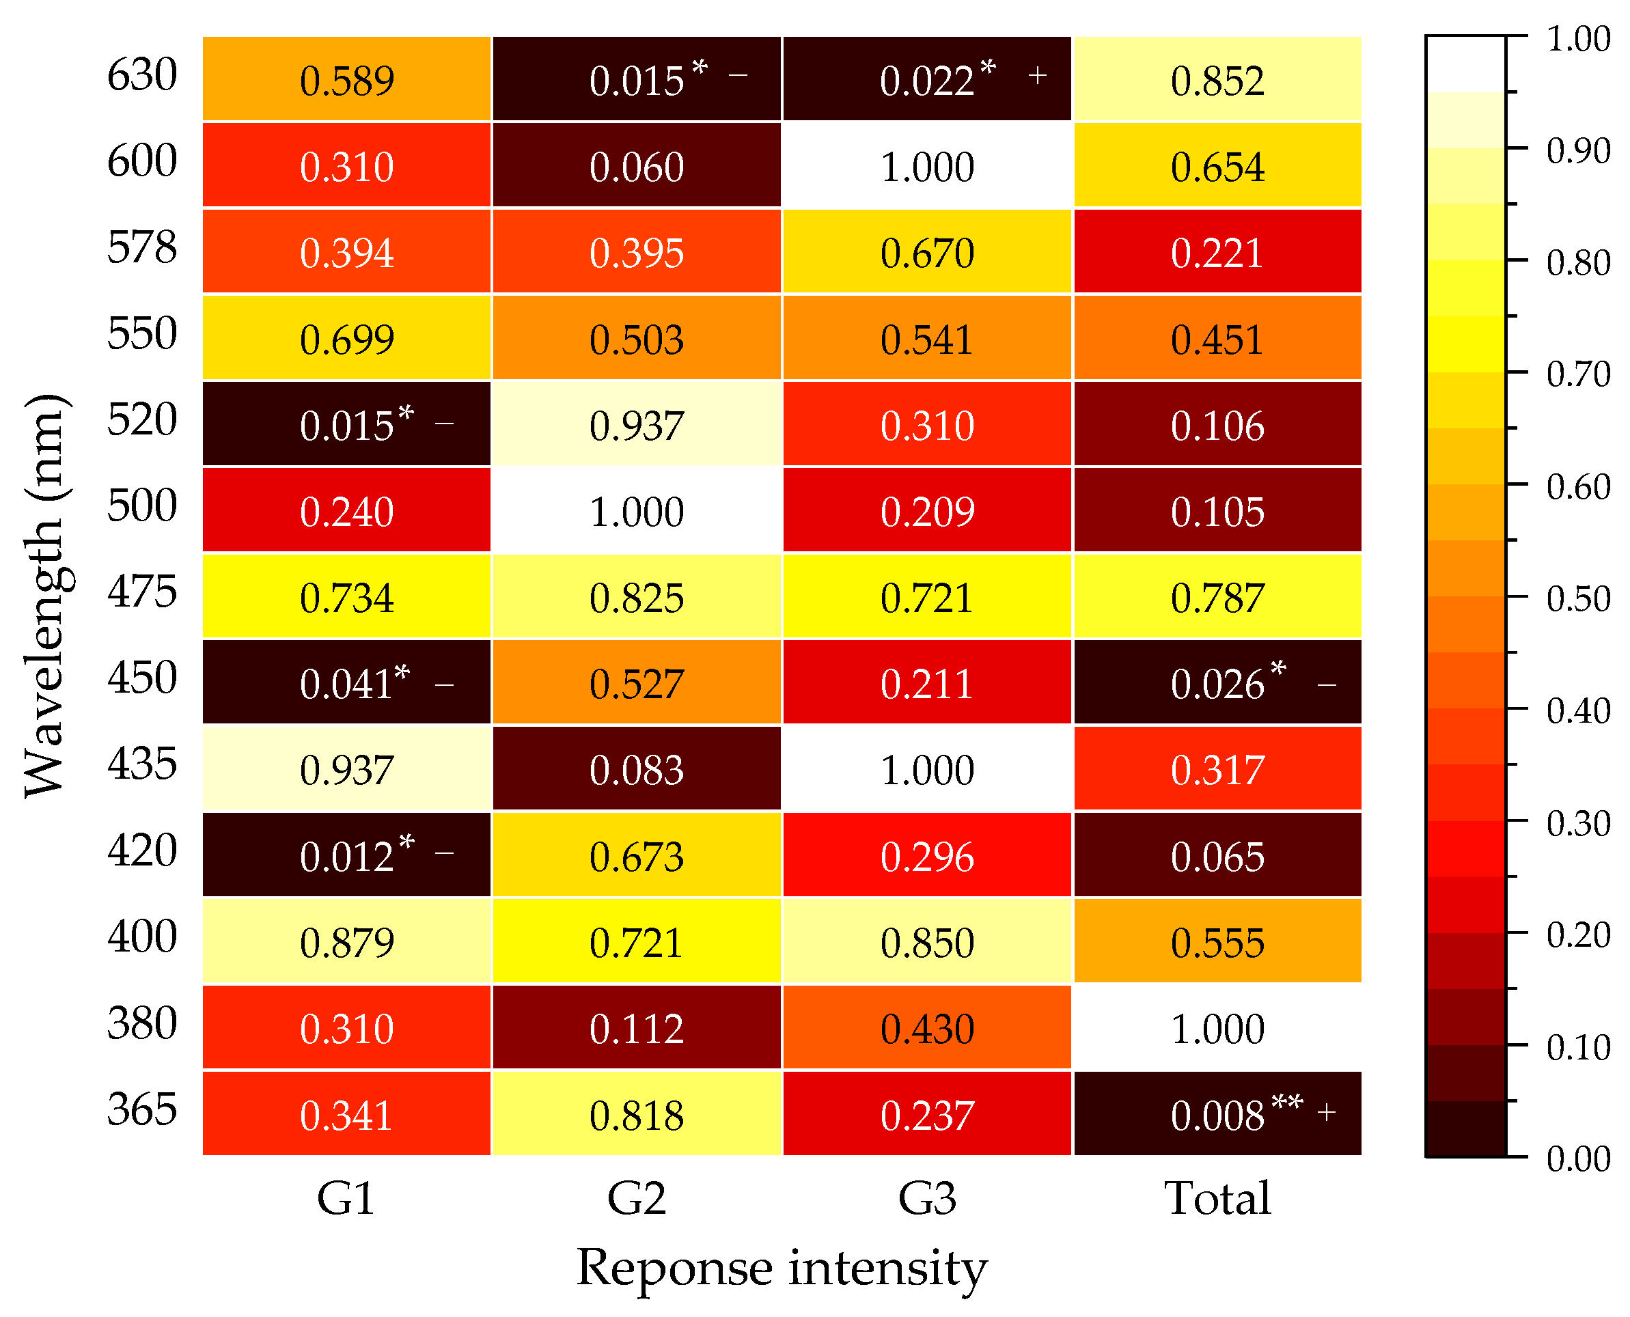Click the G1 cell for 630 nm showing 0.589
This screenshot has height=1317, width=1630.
coord(346,79)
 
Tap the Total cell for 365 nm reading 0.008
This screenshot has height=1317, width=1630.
coord(1217,1114)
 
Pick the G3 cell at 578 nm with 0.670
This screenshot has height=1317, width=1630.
coord(926,251)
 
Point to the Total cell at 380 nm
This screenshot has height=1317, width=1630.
coord(1217,1028)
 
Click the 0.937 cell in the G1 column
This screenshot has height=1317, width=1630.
coord(346,769)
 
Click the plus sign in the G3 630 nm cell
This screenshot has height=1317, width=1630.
coord(1037,75)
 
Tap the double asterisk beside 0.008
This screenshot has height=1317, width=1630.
coord(1286,1100)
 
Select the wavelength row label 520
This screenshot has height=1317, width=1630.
coord(142,419)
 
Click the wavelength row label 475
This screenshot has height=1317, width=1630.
coord(142,592)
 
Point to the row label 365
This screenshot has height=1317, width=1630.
coord(142,1109)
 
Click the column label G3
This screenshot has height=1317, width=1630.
coord(926,1199)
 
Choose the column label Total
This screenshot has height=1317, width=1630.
coord(1217,1199)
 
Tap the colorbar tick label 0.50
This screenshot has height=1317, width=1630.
coord(1577,598)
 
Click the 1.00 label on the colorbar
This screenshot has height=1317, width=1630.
coord(1577,40)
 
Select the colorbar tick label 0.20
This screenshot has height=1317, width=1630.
coord(1577,934)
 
